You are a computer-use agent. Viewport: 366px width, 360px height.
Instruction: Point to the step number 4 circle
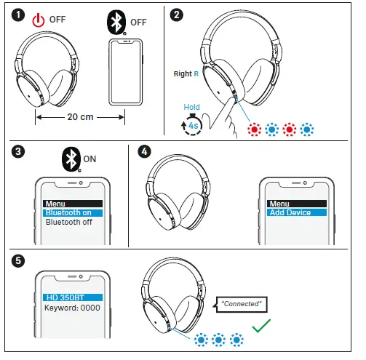pos(145,153)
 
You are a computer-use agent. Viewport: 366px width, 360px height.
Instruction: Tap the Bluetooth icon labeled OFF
pos(115,21)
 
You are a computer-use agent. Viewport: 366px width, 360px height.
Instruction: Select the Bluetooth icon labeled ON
pos(70,159)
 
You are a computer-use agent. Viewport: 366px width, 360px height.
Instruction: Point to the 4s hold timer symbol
pos(191,125)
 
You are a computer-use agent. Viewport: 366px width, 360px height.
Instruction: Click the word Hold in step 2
pos(191,107)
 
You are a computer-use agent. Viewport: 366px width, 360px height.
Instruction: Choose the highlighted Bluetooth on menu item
pos(71,213)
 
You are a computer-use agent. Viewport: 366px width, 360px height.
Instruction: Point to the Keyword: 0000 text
pos(71,308)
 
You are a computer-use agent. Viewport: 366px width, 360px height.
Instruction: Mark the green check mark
pos(261,327)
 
